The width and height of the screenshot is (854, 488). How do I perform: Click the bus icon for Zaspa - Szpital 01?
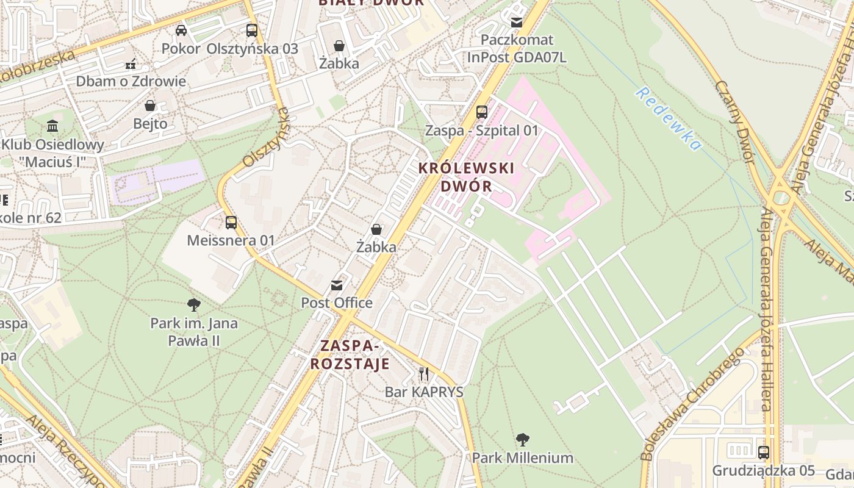point(482,112)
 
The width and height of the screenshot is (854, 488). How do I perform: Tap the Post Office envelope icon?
point(336,285)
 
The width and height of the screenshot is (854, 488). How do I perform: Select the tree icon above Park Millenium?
point(522,439)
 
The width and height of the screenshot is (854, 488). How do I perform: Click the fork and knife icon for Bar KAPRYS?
point(424,373)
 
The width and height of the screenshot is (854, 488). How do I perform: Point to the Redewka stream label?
point(669,119)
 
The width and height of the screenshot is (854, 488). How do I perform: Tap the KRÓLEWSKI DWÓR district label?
point(466,177)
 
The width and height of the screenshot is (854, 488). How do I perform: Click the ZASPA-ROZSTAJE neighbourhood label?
point(350,355)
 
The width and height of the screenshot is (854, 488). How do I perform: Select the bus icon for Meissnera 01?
point(231,223)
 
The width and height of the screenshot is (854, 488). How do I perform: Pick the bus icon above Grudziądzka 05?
point(763,453)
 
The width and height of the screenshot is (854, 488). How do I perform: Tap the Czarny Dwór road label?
point(735,122)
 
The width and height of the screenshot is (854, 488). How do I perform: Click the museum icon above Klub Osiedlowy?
point(52,127)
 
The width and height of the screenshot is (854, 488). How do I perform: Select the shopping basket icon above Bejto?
point(150,106)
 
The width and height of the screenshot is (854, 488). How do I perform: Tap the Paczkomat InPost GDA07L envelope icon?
point(517,23)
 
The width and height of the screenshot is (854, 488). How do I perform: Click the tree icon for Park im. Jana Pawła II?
point(194,304)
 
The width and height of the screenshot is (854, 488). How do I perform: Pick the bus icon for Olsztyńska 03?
point(252,30)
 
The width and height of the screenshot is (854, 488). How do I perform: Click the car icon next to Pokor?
point(181,30)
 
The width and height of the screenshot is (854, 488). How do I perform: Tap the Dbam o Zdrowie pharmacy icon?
point(131,63)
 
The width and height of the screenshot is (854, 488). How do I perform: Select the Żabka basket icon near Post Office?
point(376,229)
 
